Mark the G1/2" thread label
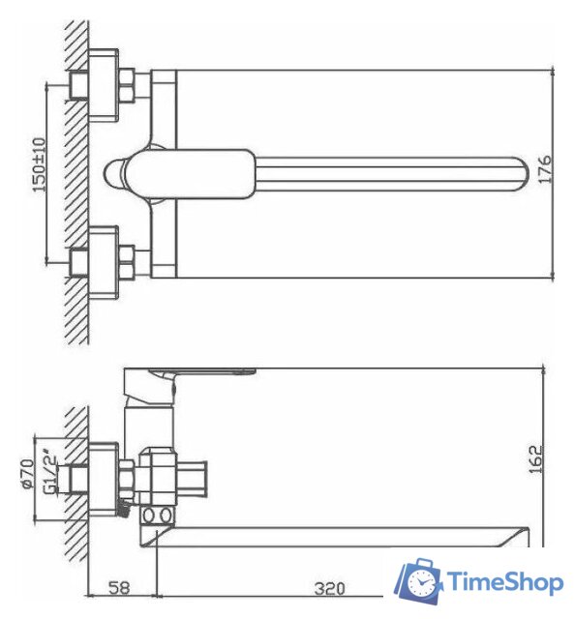tap(48, 475)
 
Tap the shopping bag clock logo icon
tap(418, 580)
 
